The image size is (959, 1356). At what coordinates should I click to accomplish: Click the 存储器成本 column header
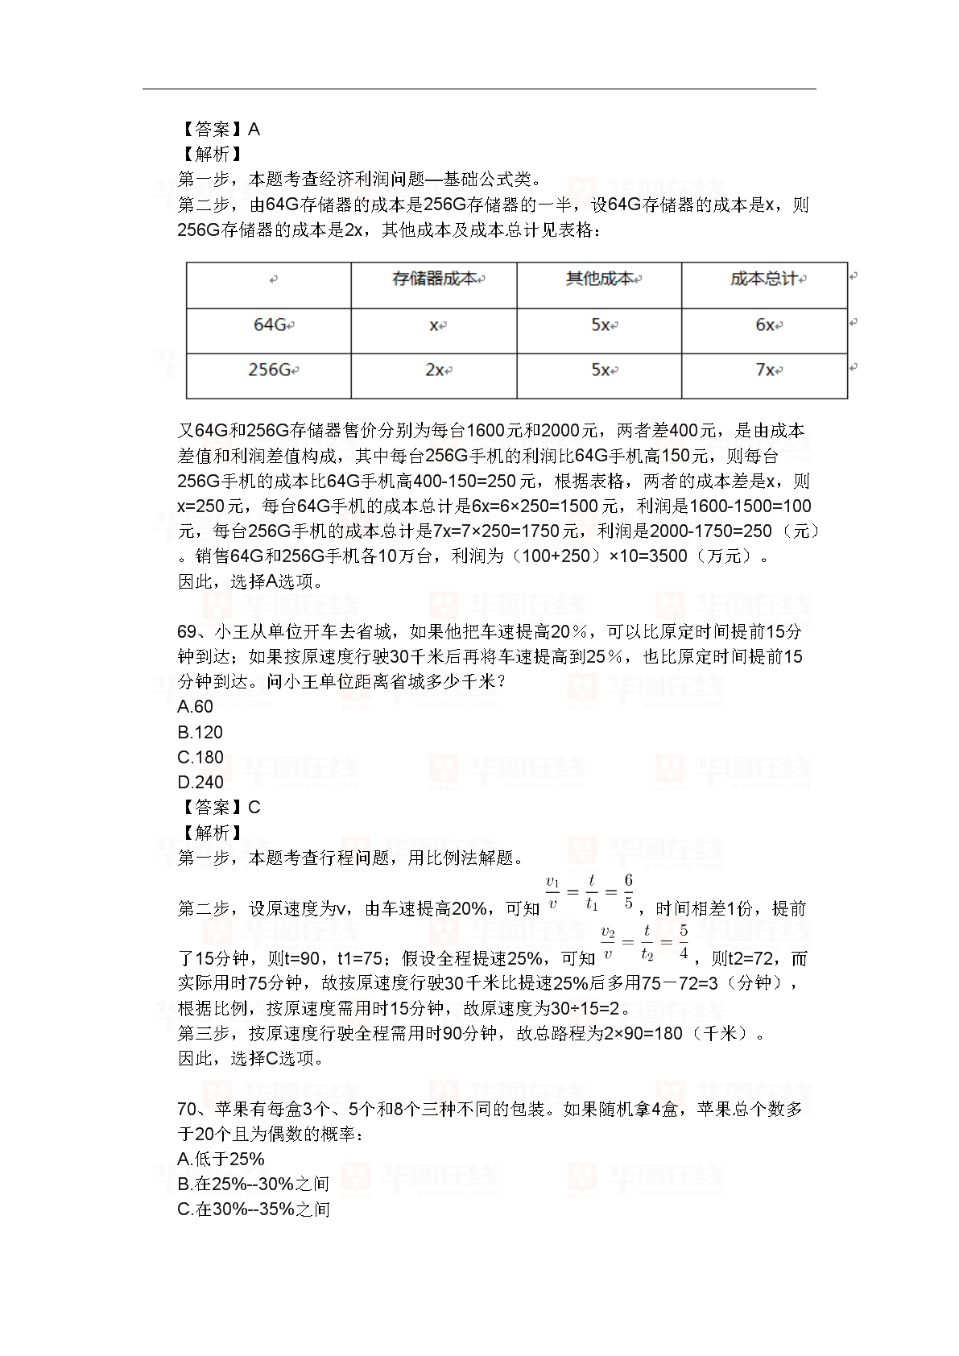coord(435,279)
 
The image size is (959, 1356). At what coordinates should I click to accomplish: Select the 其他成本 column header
coord(600,279)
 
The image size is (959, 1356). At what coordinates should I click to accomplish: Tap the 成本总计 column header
coord(764,279)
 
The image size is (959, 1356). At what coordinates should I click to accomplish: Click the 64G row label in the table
coord(270,325)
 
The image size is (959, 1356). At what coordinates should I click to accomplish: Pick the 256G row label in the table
coord(270,370)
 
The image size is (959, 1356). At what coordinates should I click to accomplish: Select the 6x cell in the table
coord(765,325)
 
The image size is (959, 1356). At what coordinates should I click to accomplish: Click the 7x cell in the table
coord(765,370)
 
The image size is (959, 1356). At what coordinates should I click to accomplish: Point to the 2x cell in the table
coord(435,370)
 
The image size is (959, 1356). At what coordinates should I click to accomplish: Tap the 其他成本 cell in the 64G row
coord(600,325)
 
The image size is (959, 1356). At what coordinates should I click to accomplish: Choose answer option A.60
coord(196,707)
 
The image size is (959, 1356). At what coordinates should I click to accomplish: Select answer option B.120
coord(200,732)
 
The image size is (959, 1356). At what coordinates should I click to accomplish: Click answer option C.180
coord(200,757)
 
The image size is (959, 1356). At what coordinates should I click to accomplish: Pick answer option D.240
coord(200,782)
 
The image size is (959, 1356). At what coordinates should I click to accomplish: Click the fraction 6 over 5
coord(628,891)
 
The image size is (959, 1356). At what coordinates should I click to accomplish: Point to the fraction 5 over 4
coord(684,941)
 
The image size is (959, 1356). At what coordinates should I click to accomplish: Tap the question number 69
coord(187,632)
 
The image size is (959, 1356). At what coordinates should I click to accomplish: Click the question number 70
coord(187,1109)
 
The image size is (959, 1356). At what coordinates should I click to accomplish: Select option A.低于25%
coord(221,1159)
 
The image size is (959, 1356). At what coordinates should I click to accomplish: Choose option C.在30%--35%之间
coord(254,1209)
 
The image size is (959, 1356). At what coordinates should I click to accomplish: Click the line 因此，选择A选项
coord(250,581)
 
